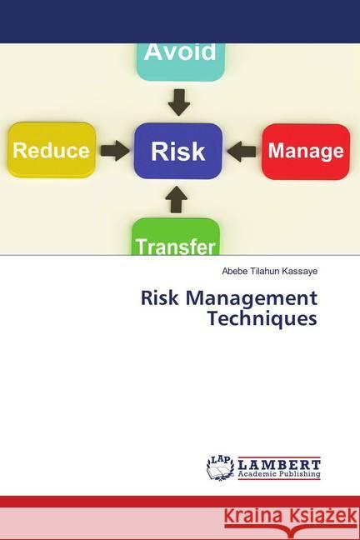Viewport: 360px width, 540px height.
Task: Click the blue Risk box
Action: tap(177, 151)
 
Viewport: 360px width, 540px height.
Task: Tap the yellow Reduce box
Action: tap(52, 150)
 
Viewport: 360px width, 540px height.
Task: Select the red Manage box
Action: tap(305, 151)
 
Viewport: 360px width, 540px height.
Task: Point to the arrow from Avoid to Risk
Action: tap(178, 102)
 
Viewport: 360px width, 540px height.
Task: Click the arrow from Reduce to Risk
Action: tap(115, 151)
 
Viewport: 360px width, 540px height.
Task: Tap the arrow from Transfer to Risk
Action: tap(177, 199)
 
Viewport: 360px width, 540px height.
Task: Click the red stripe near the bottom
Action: tap(180, 502)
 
